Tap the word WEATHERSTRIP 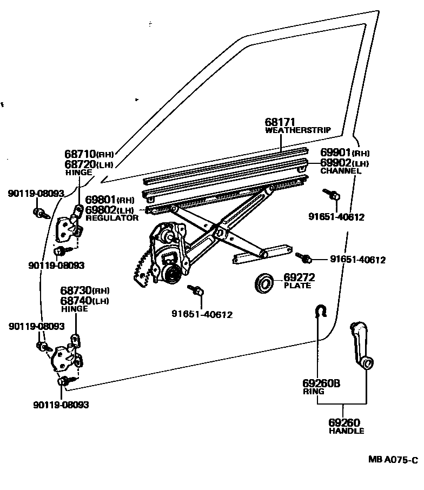coord(298,130)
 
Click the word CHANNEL coord(340,171)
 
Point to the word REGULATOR coord(112,217)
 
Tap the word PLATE coord(297,286)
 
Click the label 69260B coord(321,383)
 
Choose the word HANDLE coord(346,431)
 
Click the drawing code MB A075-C coord(393,460)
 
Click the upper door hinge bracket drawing coord(69,226)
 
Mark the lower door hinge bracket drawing coord(67,356)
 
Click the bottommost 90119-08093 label coord(61,405)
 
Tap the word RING coord(313,391)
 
